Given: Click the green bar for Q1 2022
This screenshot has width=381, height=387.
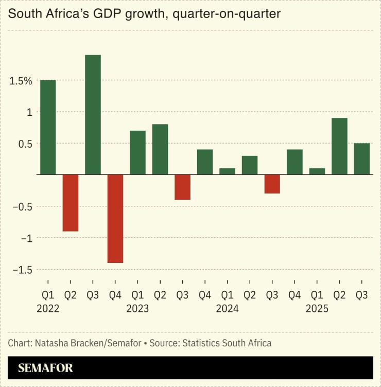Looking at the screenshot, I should (48, 127).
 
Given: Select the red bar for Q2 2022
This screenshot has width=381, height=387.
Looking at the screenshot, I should (71, 203).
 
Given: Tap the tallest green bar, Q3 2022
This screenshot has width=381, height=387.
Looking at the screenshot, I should (93, 115).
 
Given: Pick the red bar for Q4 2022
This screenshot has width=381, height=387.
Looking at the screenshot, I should (115, 219).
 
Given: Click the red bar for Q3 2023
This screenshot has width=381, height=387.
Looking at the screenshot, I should (182, 187).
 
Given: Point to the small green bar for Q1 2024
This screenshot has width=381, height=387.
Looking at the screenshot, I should (227, 171).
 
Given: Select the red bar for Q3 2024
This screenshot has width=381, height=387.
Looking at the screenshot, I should (272, 184).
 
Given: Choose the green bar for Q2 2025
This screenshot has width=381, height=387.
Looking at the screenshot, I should (339, 146).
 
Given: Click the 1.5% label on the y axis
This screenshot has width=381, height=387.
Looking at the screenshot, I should (20, 81).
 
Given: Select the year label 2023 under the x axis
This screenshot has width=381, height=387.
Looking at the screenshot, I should (137, 309).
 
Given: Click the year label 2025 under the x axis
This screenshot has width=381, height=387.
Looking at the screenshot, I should (317, 309).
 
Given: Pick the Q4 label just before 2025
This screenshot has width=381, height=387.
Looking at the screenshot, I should (295, 295).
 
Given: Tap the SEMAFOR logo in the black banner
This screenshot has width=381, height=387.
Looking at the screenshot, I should (45, 368).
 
